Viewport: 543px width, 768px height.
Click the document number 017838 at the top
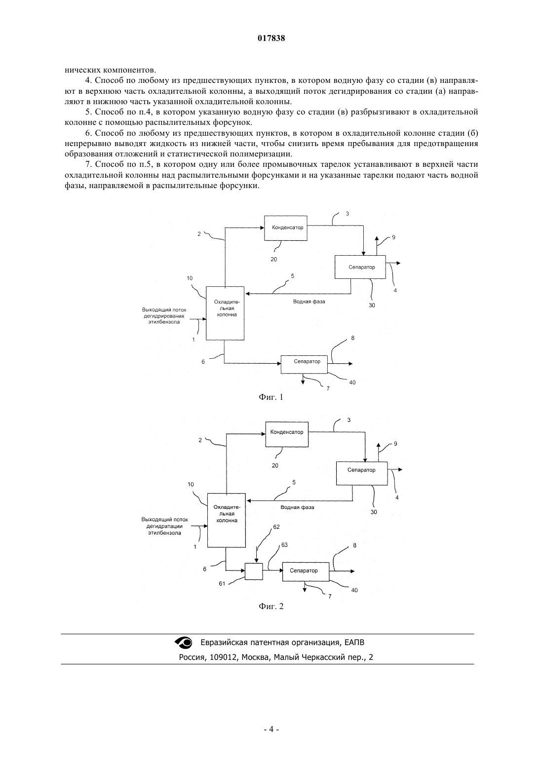click(x=271, y=38)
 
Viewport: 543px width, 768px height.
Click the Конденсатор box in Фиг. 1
click(x=285, y=228)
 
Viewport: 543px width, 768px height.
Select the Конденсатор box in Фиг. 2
click(x=287, y=434)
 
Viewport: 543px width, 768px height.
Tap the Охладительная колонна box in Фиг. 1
click(x=225, y=313)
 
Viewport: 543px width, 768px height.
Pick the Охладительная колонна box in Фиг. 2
click(x=226, y=520)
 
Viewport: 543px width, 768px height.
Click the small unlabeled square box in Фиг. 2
click(x=254, y=571)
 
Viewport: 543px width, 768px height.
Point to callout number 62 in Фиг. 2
click(x=276, y=527)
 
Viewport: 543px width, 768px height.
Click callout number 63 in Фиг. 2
click(x=284, y=544)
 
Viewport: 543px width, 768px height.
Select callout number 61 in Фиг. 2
click(x=222, y=583)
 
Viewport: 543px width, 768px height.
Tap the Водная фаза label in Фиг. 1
click(x=309, y=302)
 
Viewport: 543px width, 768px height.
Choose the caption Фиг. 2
click(x=271, y=606)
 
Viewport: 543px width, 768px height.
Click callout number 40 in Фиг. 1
click(x=352, y=383)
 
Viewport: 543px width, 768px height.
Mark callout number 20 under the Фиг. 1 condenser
click(x=273, y=259)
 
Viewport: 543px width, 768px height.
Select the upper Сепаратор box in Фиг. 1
click(x=360, y=267)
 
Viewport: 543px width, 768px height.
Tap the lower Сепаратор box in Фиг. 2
click(x=306, y=572)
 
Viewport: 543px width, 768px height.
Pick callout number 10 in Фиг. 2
click(x=191, y=484)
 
